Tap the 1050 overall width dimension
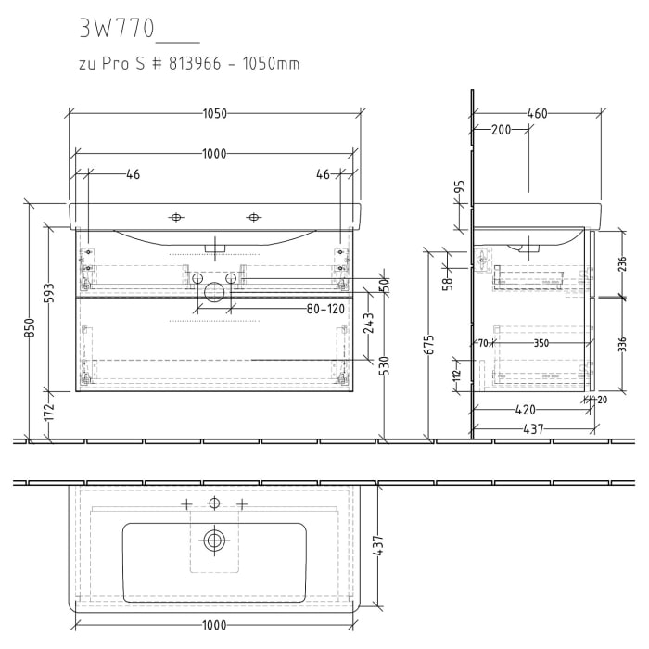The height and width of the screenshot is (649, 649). (214, 114)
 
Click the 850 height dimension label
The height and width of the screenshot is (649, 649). (30, 328)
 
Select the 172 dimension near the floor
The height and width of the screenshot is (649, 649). (50, 408)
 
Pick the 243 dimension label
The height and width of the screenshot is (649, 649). (368, 324)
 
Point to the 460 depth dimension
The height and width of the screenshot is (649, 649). (536, 114)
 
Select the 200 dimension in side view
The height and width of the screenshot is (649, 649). (501, 130)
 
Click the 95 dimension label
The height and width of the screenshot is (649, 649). (459, 189)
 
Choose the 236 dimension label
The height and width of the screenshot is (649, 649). (622, 265)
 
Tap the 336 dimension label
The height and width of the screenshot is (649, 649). (622, 345)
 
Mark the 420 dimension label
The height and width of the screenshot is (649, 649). (527, 409)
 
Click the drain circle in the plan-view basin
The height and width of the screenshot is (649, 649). (215, 540)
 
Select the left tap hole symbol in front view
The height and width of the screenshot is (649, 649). (176, 217)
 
